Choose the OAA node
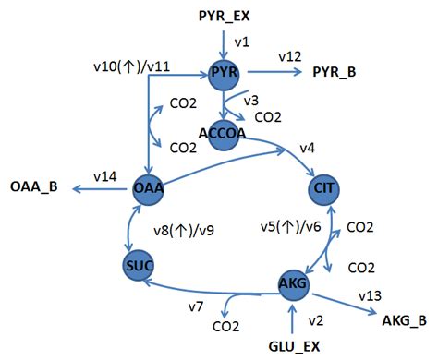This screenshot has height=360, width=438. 148,188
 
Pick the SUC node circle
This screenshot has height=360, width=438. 137,266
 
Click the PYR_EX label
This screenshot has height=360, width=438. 225,15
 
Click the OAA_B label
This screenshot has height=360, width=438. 34,188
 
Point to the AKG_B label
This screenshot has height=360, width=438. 404,320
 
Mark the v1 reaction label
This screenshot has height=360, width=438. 242,42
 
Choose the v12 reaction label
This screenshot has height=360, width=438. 288,57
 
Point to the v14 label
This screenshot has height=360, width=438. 103,175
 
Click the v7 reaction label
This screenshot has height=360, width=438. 196,306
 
